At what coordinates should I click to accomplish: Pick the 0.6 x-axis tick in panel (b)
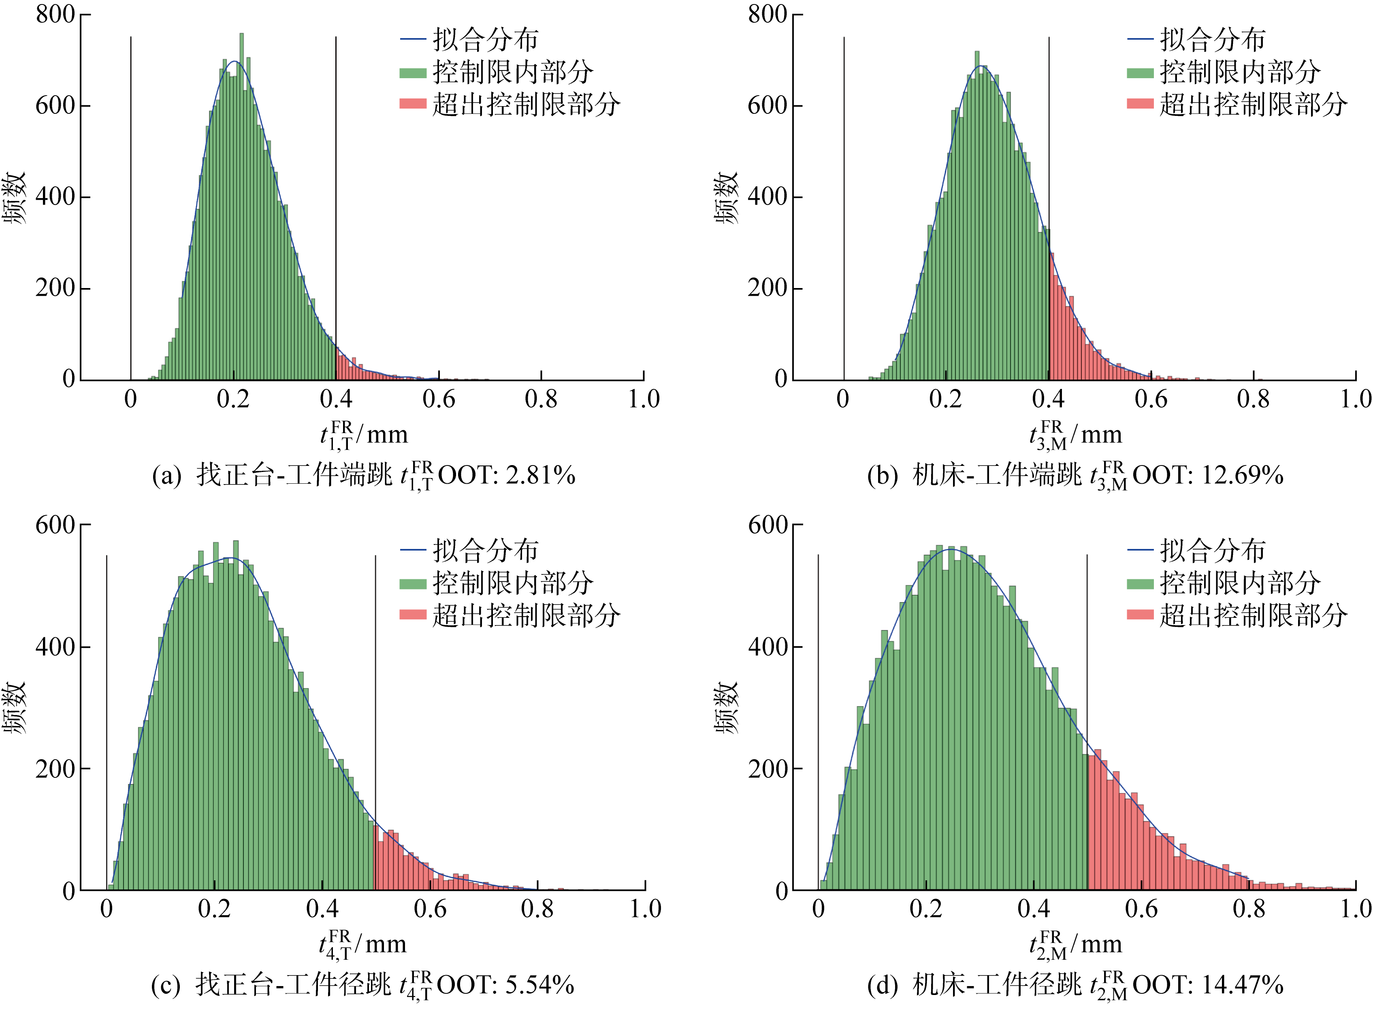(1151, 399)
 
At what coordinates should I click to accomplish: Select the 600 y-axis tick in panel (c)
(55, 525)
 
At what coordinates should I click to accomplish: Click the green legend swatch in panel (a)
(413, 73)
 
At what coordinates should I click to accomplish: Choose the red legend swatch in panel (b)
(1140, 104)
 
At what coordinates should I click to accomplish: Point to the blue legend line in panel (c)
(413, 550)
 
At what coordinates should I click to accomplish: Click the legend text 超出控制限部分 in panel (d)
(1253, 615)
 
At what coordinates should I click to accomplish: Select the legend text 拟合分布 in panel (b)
(1213, 40)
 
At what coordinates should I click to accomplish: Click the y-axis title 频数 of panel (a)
(15, 197)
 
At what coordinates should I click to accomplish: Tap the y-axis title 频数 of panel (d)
(727, 707)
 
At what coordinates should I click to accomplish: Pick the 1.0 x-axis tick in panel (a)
(644, 399)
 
